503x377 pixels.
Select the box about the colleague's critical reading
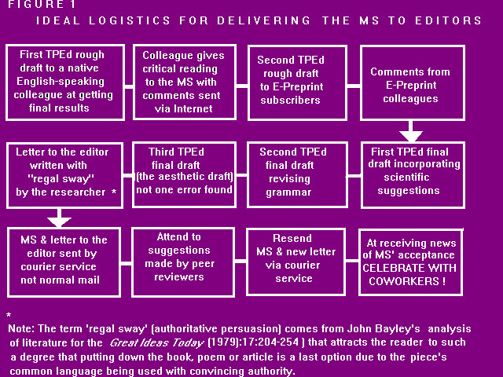click(183, 84)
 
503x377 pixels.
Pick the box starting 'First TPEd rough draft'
click(64, 84)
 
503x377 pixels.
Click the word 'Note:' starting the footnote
click(23, 328)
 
